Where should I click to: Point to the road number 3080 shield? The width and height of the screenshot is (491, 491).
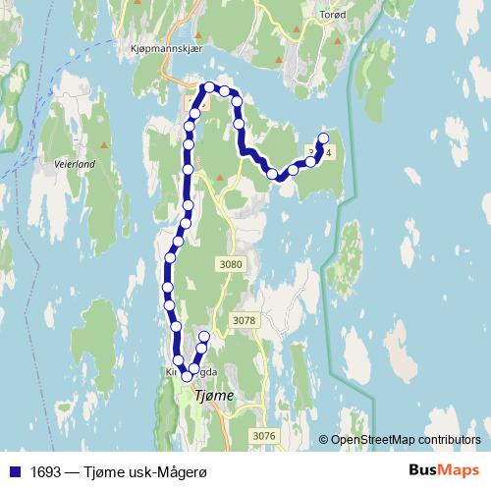click(x=232, y=263)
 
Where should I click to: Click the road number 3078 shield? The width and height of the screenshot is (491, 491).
click(x=245, y=320)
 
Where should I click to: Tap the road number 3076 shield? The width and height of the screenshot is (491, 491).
click(x=264, y=436)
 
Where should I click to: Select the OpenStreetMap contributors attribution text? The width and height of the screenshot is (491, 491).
click(x=406, y=440)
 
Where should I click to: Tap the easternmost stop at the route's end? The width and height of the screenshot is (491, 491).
click(x=323, y=138)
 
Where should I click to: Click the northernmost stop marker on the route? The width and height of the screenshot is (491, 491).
click(x=207, y=87)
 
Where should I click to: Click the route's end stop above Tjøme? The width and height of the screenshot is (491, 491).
click(x=204, y=338)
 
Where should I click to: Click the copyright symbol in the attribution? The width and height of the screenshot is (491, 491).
click(x=324, y=440)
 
